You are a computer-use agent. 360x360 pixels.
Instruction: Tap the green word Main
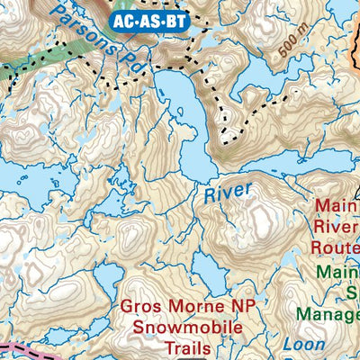pos(337,271)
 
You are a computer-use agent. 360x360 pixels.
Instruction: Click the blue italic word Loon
pos(304,345)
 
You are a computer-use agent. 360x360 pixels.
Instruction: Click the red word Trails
pos(188,347)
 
